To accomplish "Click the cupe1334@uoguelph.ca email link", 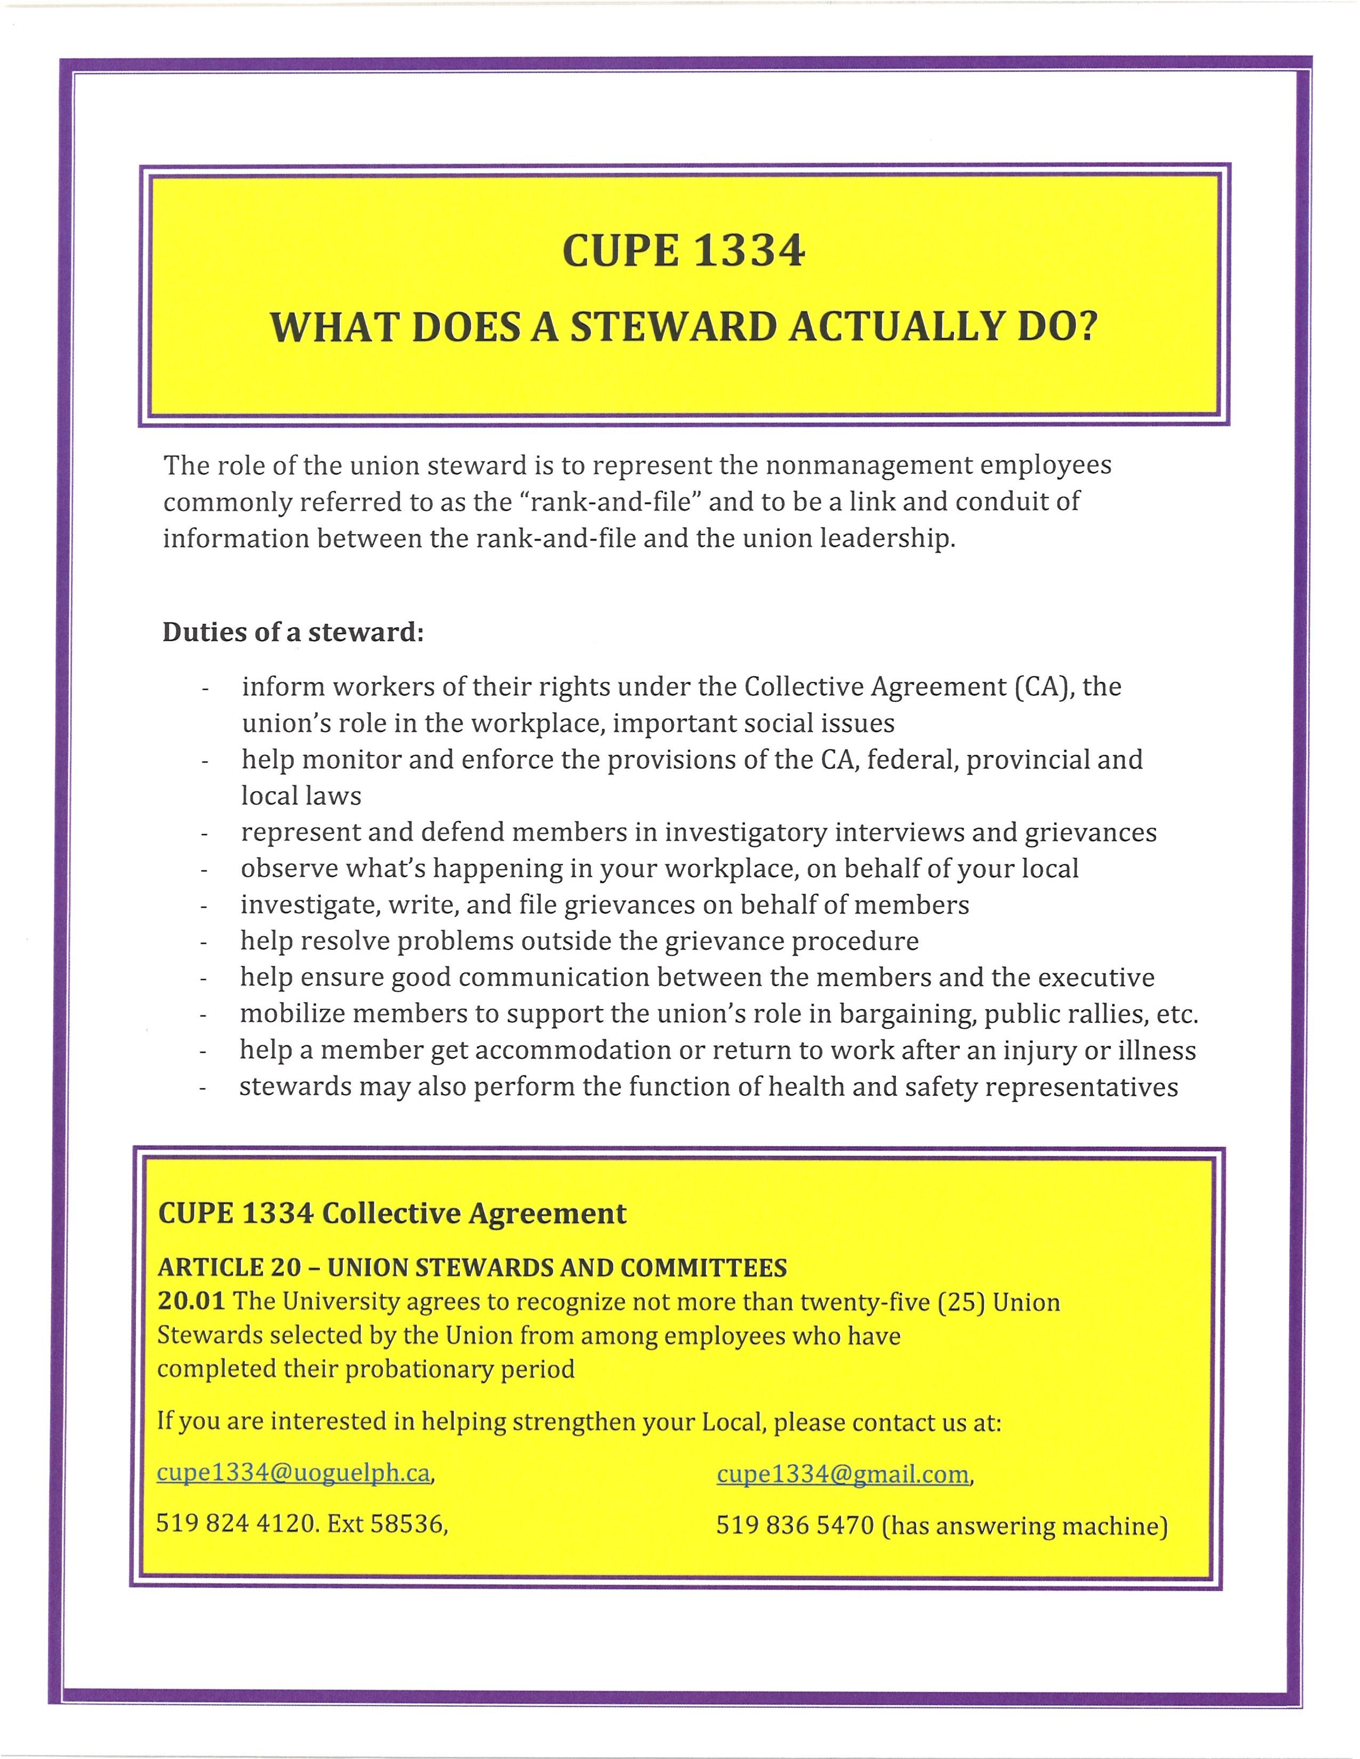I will point(293,1472).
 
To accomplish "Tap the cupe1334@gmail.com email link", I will point(843,1473).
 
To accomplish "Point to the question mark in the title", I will point(1087,326).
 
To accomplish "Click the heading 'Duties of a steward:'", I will point(293,632).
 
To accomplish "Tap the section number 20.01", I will point(190,1302).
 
